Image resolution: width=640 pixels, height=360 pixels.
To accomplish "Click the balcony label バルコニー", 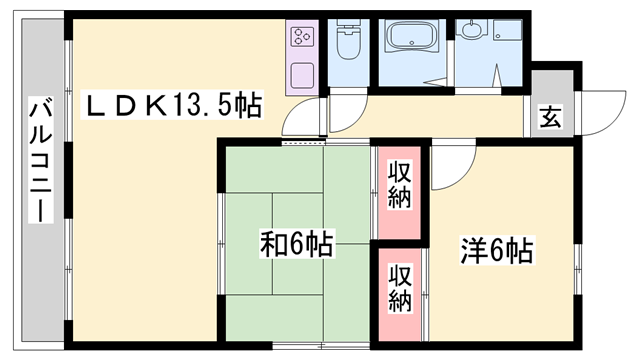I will click(x=42, y=160).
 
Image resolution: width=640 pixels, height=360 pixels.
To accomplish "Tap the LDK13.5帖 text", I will click(x=171, y=105).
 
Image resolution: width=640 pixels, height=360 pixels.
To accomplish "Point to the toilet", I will click(x=349, y=45).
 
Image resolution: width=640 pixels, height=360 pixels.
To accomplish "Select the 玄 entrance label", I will click(x=551, y=117).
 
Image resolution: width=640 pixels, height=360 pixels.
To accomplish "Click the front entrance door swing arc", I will click(x=596, y=115).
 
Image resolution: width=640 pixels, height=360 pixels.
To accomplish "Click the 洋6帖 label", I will click(x=496, y=249).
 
